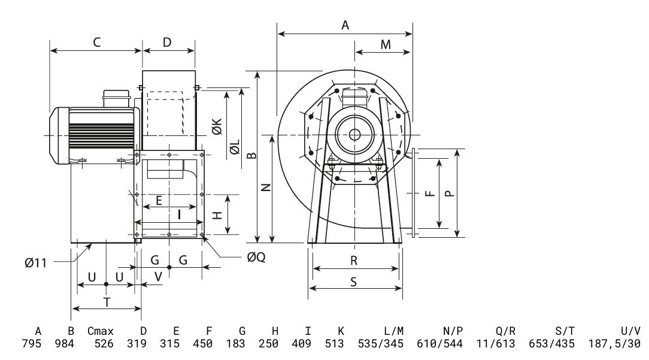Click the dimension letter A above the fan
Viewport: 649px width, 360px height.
pyautogui.click(x=345, y=25)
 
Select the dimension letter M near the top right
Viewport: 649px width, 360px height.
pyautogui.click(x=386, y=44)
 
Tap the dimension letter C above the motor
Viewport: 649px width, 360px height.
pyautogui.click(x=96, y=42)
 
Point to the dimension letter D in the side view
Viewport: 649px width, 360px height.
pyautogui.click(x=167, y=42)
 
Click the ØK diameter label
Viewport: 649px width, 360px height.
pyautogui.click(x=217, y=126)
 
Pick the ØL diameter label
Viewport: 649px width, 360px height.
pyautogui.click(x=235, y=147)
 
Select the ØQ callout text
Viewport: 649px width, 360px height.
pyautogui.click(x=256, y=256)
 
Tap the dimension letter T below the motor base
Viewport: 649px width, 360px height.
pyautogui.click(x=107, y=302)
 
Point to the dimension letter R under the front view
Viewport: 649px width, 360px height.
pyautogui.click(x=354, y=261)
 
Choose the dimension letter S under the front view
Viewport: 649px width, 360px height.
pyautogui.click(x=354, y=282)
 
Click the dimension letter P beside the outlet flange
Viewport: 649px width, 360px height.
pyautogui.click(x=450, y=193)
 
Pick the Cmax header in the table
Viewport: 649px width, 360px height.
pyautogui.click(x=100, y=331)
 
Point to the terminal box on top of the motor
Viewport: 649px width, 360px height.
pyautogui.click(x=117, y=97)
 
